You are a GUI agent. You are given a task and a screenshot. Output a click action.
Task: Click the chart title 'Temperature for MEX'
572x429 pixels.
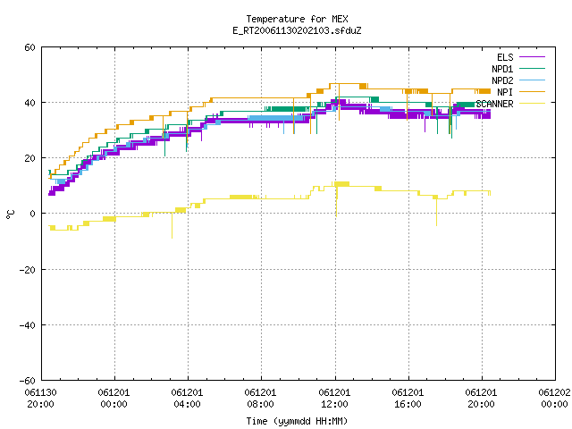point(297,19)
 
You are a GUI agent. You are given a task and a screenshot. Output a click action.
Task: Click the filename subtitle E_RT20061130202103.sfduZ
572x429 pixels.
point(297,30)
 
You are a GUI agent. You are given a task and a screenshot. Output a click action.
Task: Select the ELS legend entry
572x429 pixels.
point(505,57)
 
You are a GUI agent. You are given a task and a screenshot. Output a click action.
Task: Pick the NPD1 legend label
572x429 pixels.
point(502,69)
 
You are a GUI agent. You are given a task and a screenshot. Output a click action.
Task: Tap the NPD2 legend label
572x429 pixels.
point(502,80)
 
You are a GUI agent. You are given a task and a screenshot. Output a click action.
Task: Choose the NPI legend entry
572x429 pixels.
point(505,92)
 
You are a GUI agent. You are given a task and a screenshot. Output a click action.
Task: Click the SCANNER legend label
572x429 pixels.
point(494,104)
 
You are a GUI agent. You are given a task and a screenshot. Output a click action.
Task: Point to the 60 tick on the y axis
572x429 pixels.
point(29,47)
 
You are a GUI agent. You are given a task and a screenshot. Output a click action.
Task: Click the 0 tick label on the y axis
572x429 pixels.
point(33,214)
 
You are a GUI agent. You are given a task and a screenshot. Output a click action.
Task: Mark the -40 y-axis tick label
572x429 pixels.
point(28,325)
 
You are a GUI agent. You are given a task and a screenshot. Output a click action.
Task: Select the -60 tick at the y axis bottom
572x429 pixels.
point(28,381)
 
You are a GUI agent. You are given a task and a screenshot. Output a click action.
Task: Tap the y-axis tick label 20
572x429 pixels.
point(29,158)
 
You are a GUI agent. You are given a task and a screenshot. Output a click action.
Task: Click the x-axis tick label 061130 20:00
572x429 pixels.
point(40,399)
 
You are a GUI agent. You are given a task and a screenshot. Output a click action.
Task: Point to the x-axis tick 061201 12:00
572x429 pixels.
point(334,399)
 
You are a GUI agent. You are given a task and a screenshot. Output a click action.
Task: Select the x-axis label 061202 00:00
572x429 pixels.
point(554,399)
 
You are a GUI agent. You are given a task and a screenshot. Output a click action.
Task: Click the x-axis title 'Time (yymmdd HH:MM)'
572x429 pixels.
point(297,421)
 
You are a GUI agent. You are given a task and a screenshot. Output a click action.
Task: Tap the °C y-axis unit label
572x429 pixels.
point(11,214)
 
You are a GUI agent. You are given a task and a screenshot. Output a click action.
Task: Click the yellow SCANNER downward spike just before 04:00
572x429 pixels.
point(172,225)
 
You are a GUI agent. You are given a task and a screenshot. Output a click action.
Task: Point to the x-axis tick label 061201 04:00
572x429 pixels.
point(187,399)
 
